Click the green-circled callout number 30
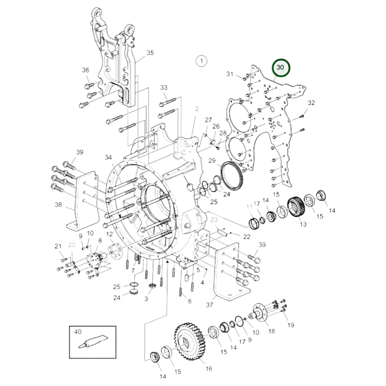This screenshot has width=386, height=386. (280, 68)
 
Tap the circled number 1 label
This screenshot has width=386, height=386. (202, 61)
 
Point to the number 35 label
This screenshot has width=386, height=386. (150, 53)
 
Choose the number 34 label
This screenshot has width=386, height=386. (108, 157)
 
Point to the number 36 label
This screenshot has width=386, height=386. (85, 70)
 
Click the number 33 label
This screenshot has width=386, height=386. (164, 87)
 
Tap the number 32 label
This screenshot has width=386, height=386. (311, 103)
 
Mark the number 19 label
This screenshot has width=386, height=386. (291, 325)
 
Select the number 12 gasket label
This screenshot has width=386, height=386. (109, 234)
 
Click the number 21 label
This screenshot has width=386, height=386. (58, 246)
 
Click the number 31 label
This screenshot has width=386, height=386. (230, 74)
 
